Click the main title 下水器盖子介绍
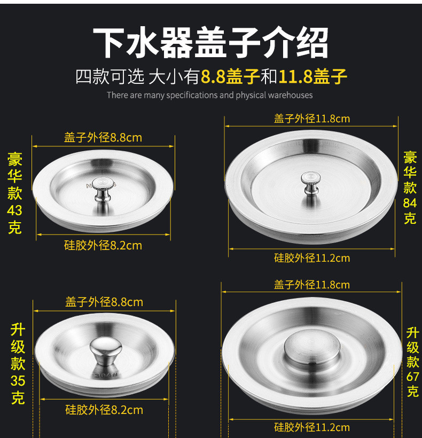tap(210, 42)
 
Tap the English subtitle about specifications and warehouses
tap(210, 95)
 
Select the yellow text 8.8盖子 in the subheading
tap(230, 76)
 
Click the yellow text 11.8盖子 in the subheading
tap(312, 76)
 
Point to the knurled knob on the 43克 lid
tap(103, 189)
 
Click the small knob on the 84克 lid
tap(310, 183)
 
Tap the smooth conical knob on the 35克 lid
tap(106, 351)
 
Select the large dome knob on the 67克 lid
tap(312, 347)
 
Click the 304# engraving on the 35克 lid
tap(106, 375)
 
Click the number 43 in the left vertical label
tap(14, 210)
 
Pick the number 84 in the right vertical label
tap(410, 203)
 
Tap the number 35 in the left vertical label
tap(18, 381)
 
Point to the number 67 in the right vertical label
tap(412, 377)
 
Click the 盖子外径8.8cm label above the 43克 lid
tap(103, 138)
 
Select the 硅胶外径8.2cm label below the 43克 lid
tap(103, 246)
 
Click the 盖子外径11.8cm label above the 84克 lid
tap(312, 119)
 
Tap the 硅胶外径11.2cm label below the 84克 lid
tap(312, 258)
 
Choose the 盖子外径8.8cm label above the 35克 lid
tap(104, 302)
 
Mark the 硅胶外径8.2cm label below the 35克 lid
tap(104, 410)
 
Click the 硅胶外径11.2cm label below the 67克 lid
tap(312, 427)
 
